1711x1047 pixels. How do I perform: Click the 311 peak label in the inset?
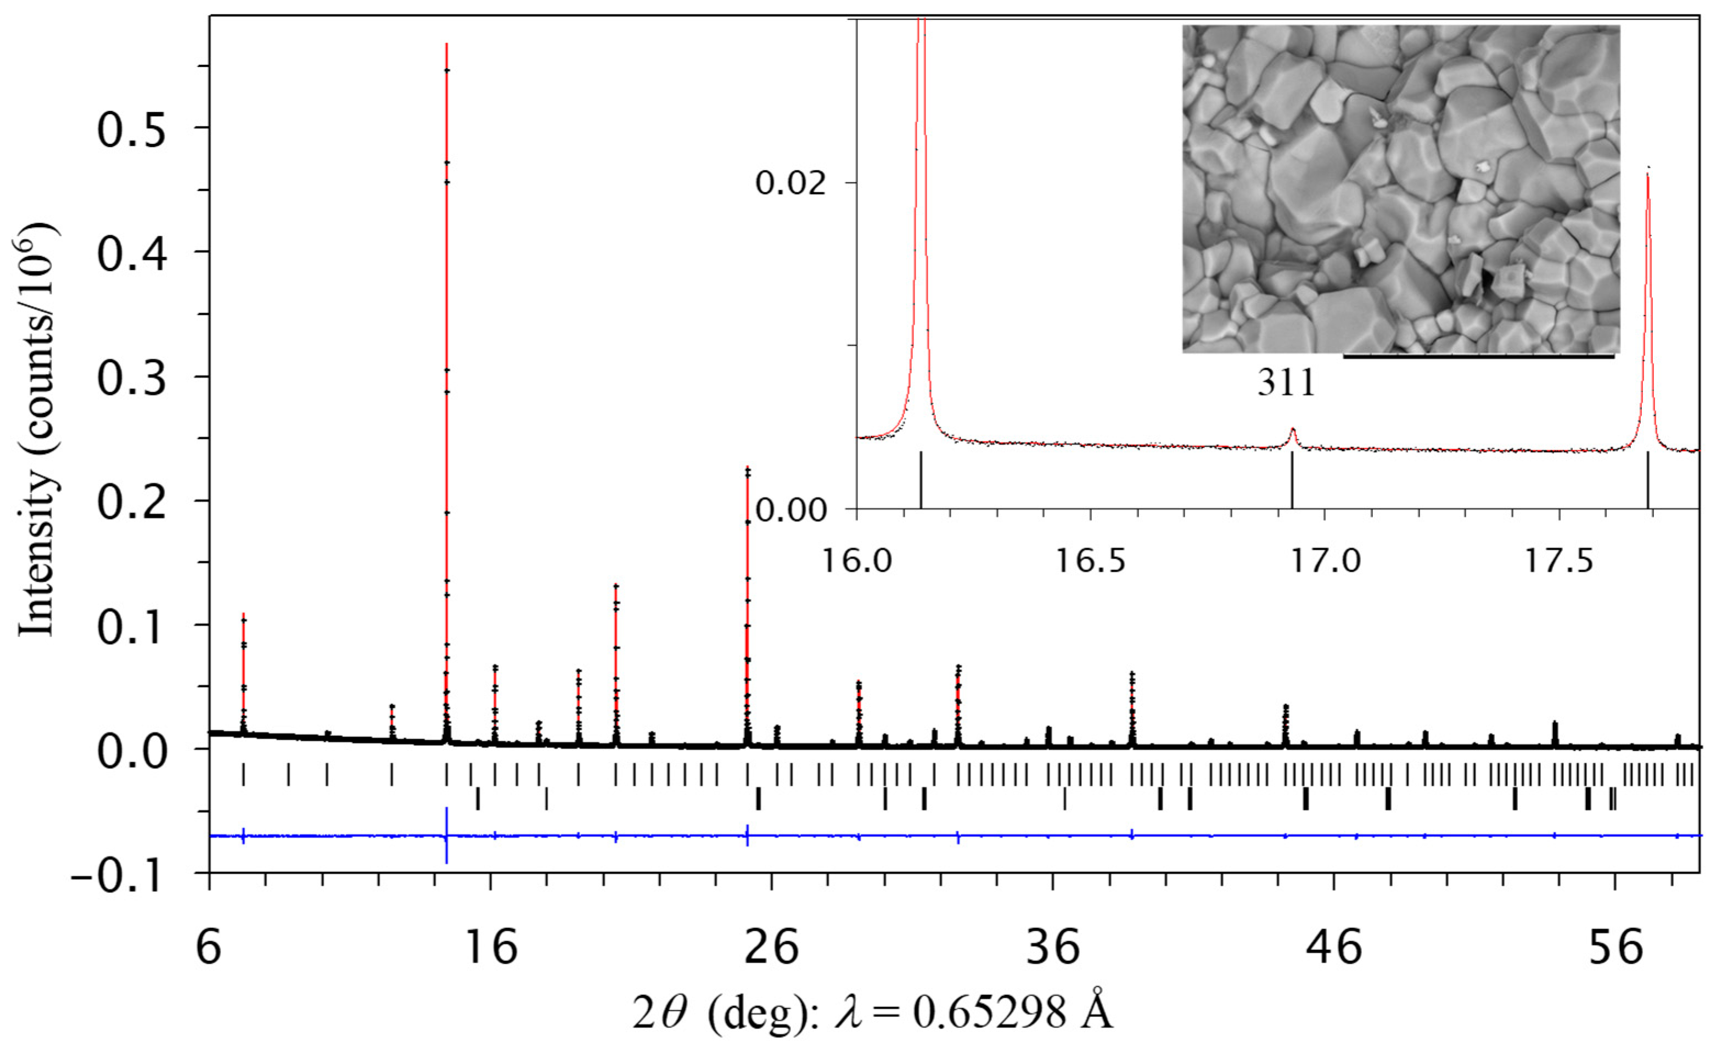1287,382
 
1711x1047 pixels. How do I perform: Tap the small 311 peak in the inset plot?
1292,435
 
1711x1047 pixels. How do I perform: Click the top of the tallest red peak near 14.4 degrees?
446,46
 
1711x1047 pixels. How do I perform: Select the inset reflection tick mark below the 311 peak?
1292,479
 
